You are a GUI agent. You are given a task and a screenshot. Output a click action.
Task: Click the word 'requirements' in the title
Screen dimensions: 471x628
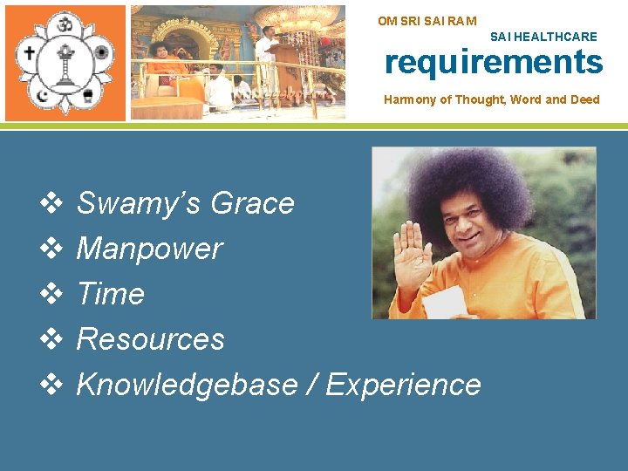pos(494,63)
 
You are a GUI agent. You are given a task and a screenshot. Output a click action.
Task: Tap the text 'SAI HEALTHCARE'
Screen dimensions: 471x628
pos(543,37)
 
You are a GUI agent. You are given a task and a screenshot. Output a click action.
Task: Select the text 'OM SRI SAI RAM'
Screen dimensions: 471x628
pos(427,20)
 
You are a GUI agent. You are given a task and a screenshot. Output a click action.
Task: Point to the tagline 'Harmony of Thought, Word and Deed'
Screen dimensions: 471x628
pos(492,99)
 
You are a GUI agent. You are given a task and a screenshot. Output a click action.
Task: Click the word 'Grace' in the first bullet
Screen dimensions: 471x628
pos(253,203)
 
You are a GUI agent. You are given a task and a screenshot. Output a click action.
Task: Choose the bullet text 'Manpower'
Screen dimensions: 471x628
pos(150,249)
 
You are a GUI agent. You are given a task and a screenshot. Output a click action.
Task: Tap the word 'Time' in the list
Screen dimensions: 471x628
pos(111,294)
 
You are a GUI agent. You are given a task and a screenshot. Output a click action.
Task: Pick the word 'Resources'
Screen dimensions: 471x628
pos(151,339)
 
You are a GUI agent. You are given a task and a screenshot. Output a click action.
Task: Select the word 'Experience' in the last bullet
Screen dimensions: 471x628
pos(403,385)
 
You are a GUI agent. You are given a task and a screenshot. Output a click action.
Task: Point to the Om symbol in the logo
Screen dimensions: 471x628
pos(65,24)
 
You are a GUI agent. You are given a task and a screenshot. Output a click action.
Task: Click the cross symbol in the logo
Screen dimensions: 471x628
pos(31,52)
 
